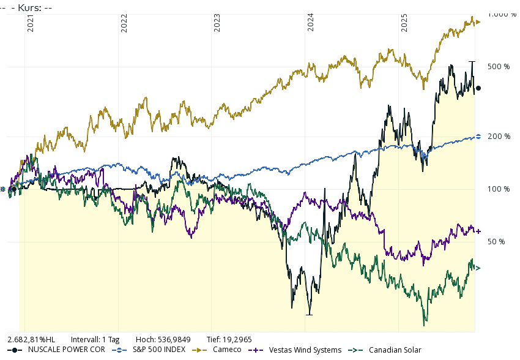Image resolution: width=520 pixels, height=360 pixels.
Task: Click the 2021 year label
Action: [31, 23]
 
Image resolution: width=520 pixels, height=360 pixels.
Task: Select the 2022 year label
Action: [124, 23]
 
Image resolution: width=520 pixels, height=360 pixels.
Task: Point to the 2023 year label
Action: [218, 23]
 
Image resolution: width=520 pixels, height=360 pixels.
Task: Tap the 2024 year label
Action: [311, 23]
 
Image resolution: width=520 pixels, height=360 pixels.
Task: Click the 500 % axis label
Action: [498, 66]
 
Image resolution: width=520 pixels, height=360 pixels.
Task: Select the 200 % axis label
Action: [498, 137]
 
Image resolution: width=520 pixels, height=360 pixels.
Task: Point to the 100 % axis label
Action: [498, 189]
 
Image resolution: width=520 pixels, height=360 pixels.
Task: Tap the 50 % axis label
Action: [496, 242]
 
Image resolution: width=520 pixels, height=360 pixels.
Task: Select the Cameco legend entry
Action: [226, 350]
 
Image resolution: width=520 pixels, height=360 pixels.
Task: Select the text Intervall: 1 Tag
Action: [95, 339]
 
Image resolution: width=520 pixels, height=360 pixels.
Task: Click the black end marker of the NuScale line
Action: [478, 89]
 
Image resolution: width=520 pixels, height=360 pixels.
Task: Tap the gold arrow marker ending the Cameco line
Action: [478, 23]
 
